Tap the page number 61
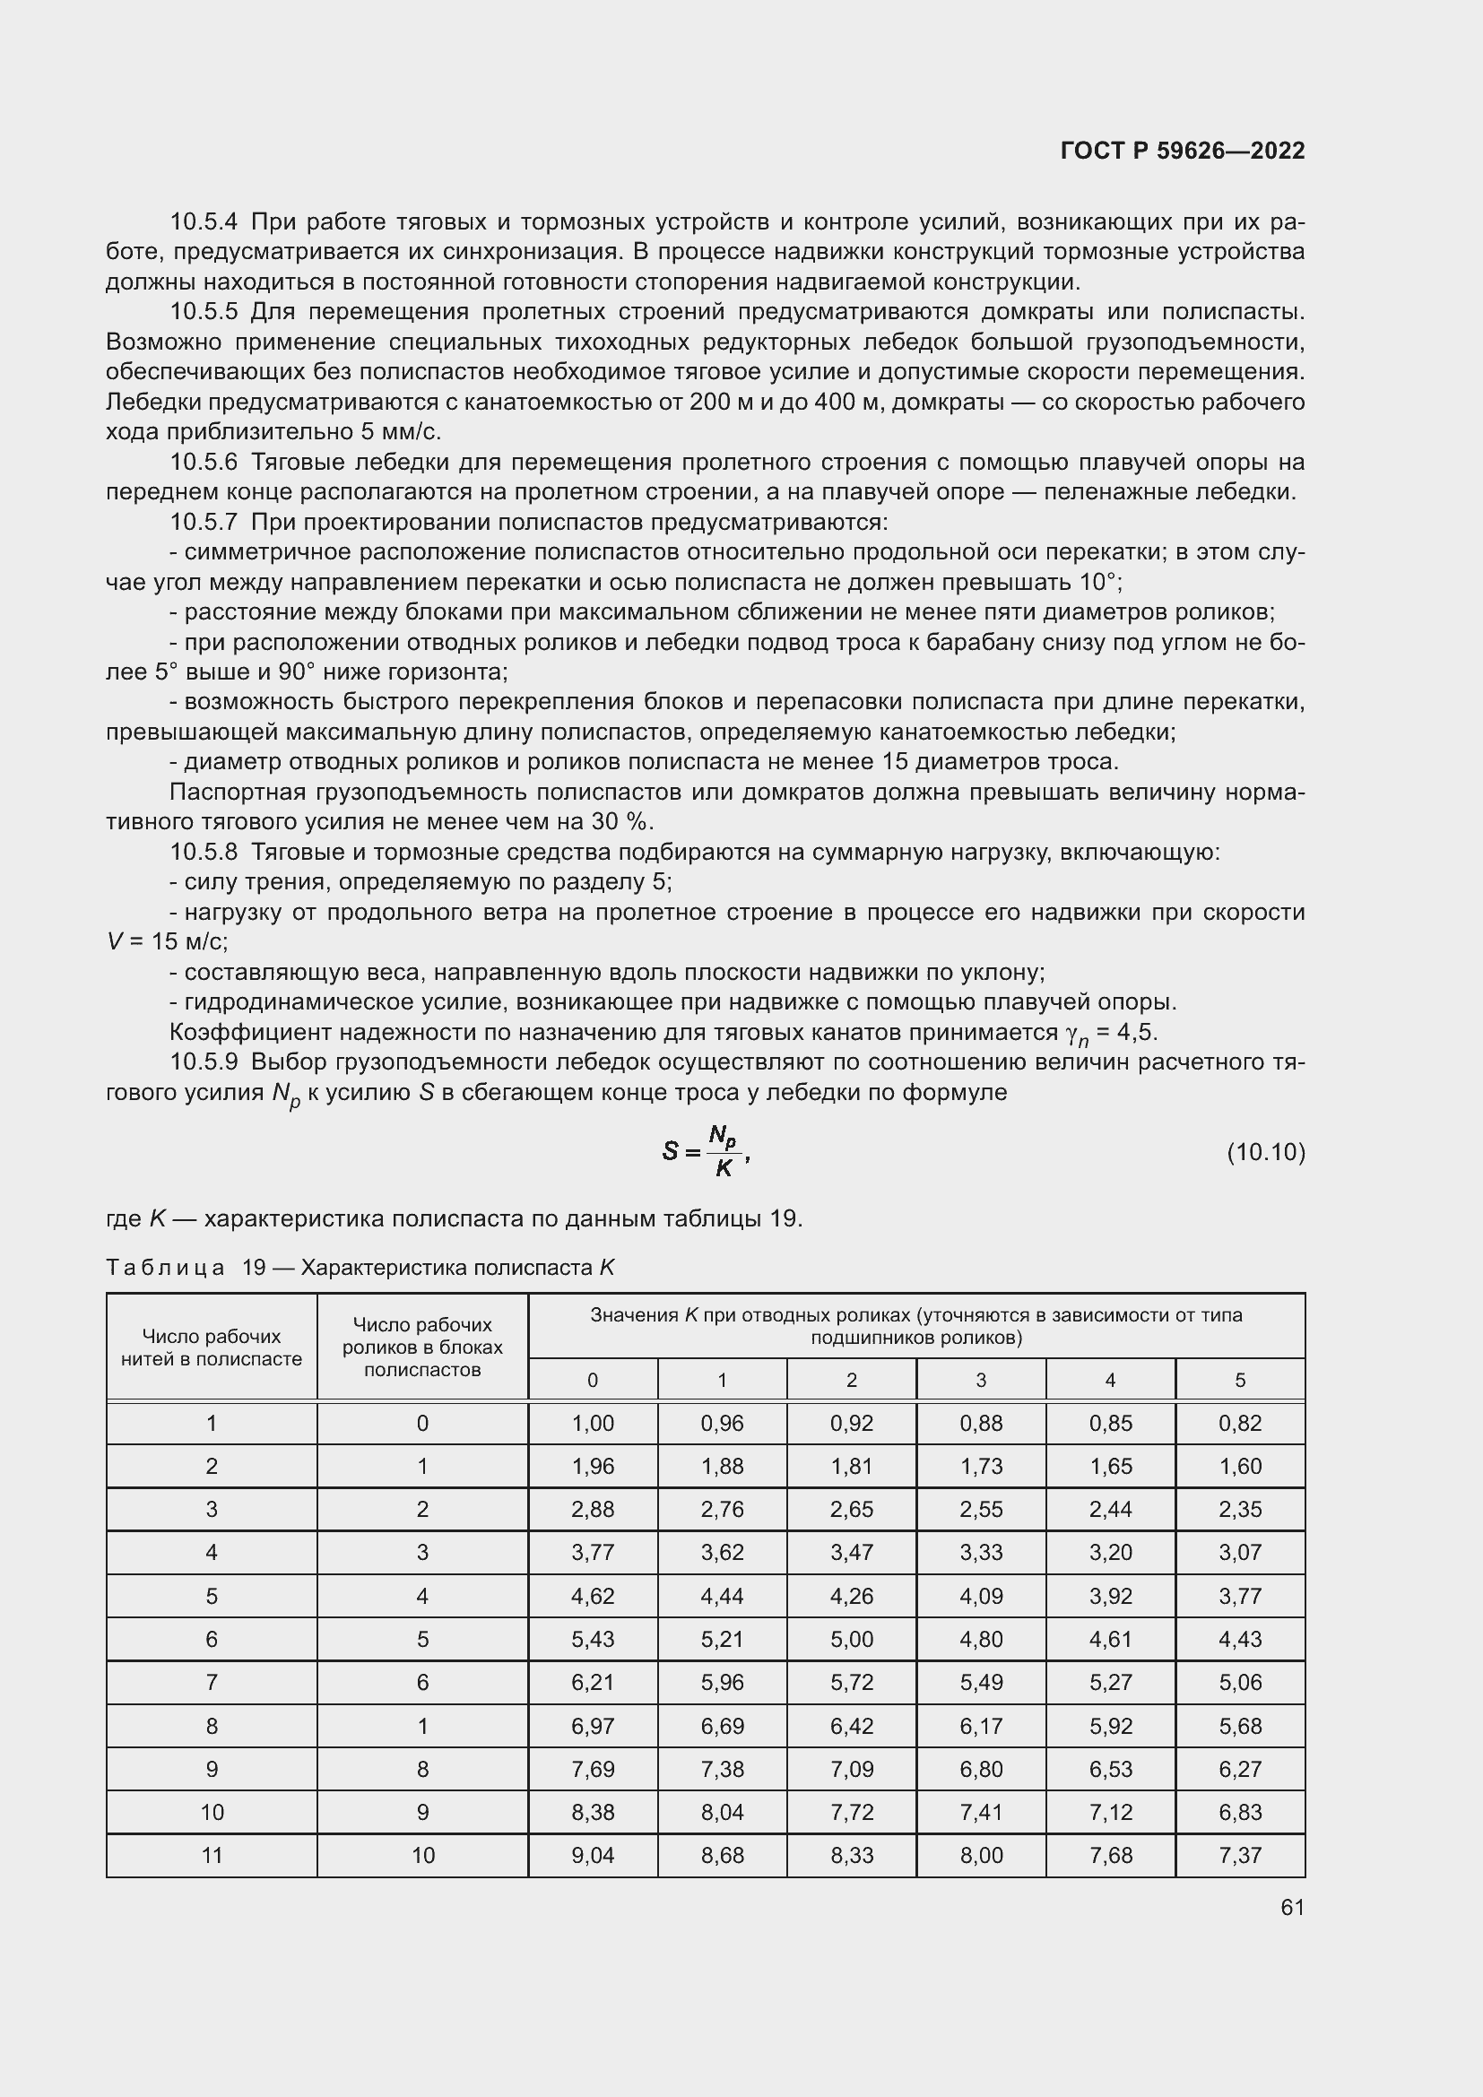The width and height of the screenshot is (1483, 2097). pyautogui.click(x=1292, y=1907)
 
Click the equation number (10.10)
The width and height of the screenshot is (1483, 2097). pyautogui.click(x=1266, y=1153)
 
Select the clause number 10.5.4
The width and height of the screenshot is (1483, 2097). pyautogui.click(x=204, y=222)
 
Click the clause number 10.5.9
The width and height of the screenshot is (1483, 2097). pyautogui.click(x=204, y=1062)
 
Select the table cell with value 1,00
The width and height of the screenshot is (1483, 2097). pyautogui.click(x=593, y=1423)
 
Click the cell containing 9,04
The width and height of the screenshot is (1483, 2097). pyautogui.click(x=593, y=1855)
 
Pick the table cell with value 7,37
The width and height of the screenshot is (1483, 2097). pyautogui.click(x=1239, y=1855)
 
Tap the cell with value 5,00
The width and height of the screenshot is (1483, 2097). pyautogui.click(x=851, y=1640)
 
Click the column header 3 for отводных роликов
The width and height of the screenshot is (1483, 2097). pyautogui.click(x=981, y=1380)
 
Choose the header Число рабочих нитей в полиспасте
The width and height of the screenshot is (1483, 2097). pyautogui.click(x=211, y=1347)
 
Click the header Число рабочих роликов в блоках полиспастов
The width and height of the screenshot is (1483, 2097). pyautogui.click(x=422, y=1347)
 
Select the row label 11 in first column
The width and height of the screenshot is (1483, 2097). pyautogui.click(x=211, y=1855)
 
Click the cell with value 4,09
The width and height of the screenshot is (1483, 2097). pyautogui.click(x=981, y=1596)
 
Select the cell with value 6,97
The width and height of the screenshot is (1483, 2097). pyautogui.click(x=593, y=1726)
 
